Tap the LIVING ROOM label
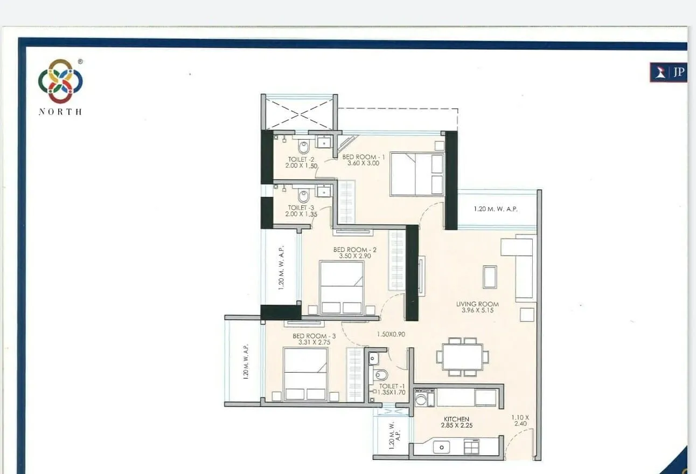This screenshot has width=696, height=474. coord(477,304)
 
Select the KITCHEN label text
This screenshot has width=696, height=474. coord(456,419)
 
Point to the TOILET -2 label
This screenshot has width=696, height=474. coord(301,160)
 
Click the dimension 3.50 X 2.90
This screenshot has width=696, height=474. coord(355,256)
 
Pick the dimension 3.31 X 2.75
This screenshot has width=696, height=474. coord(314,342)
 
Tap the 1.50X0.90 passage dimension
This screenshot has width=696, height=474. coord(391,334)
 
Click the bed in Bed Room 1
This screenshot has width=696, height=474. coord(417,174)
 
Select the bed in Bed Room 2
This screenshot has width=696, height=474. coord(342,287)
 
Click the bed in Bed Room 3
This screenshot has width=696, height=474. coord(305,374)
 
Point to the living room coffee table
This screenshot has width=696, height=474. coord(490,277)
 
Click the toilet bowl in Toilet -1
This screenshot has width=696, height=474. coord(381,375)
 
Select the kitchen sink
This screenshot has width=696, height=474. coord(442,447)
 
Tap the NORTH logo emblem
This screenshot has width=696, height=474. coord(60,81)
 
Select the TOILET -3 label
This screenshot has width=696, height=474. coord(301,208)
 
